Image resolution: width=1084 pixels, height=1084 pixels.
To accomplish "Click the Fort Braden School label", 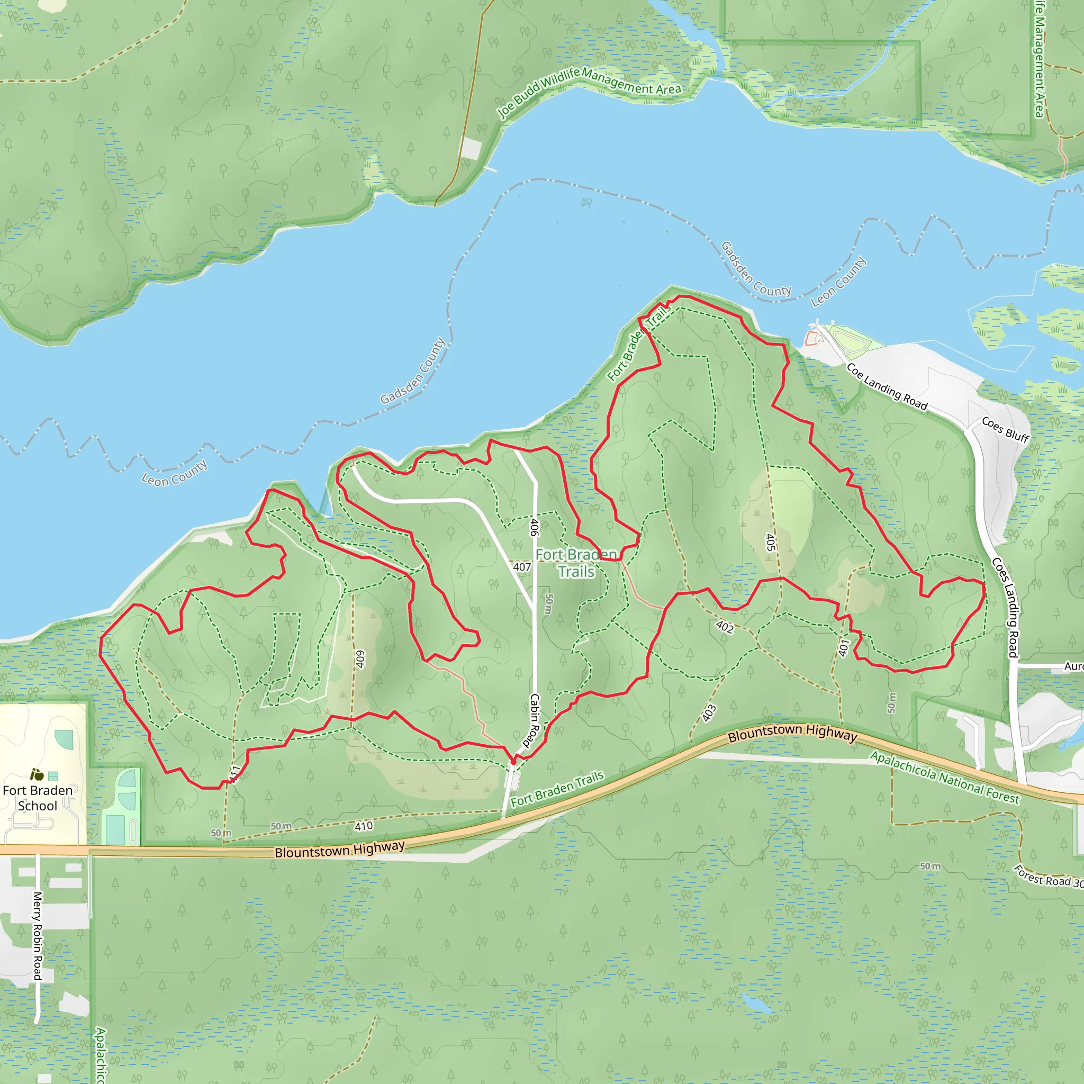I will tap(38, 798).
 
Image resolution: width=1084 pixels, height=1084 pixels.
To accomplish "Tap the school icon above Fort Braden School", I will tap(38, 775).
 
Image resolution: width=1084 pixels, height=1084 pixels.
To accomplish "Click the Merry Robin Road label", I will tap(37, 936).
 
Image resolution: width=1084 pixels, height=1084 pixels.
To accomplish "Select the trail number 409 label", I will tap(360, 660).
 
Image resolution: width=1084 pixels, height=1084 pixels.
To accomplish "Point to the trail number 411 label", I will tap(234, 774).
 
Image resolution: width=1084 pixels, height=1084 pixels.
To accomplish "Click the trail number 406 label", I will tap(534, 527).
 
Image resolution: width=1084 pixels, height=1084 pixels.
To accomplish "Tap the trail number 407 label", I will tap(522, 567).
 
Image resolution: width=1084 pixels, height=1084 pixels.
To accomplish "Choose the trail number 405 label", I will tap(770, 542).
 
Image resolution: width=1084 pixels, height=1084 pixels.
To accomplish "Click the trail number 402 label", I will tap(725, 627).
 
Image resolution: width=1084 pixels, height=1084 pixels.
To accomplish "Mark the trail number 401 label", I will tap(844, 647).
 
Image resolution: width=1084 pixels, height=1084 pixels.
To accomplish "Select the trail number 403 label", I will tap(709, 712).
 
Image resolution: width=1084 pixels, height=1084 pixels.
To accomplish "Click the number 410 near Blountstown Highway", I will tap(364, 826).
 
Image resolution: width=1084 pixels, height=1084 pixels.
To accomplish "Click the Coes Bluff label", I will tap(1006, 430).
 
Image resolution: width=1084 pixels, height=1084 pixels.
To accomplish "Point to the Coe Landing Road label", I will tap(887, 387).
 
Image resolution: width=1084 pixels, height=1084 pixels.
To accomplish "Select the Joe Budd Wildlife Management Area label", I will tap(589, 90).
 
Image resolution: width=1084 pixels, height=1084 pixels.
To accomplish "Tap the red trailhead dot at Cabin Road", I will tap(513, 761).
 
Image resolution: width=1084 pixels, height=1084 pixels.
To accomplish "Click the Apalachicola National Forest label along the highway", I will tap(945, 777).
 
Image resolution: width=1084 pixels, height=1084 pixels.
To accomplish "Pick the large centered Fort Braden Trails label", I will tap(576, 563).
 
